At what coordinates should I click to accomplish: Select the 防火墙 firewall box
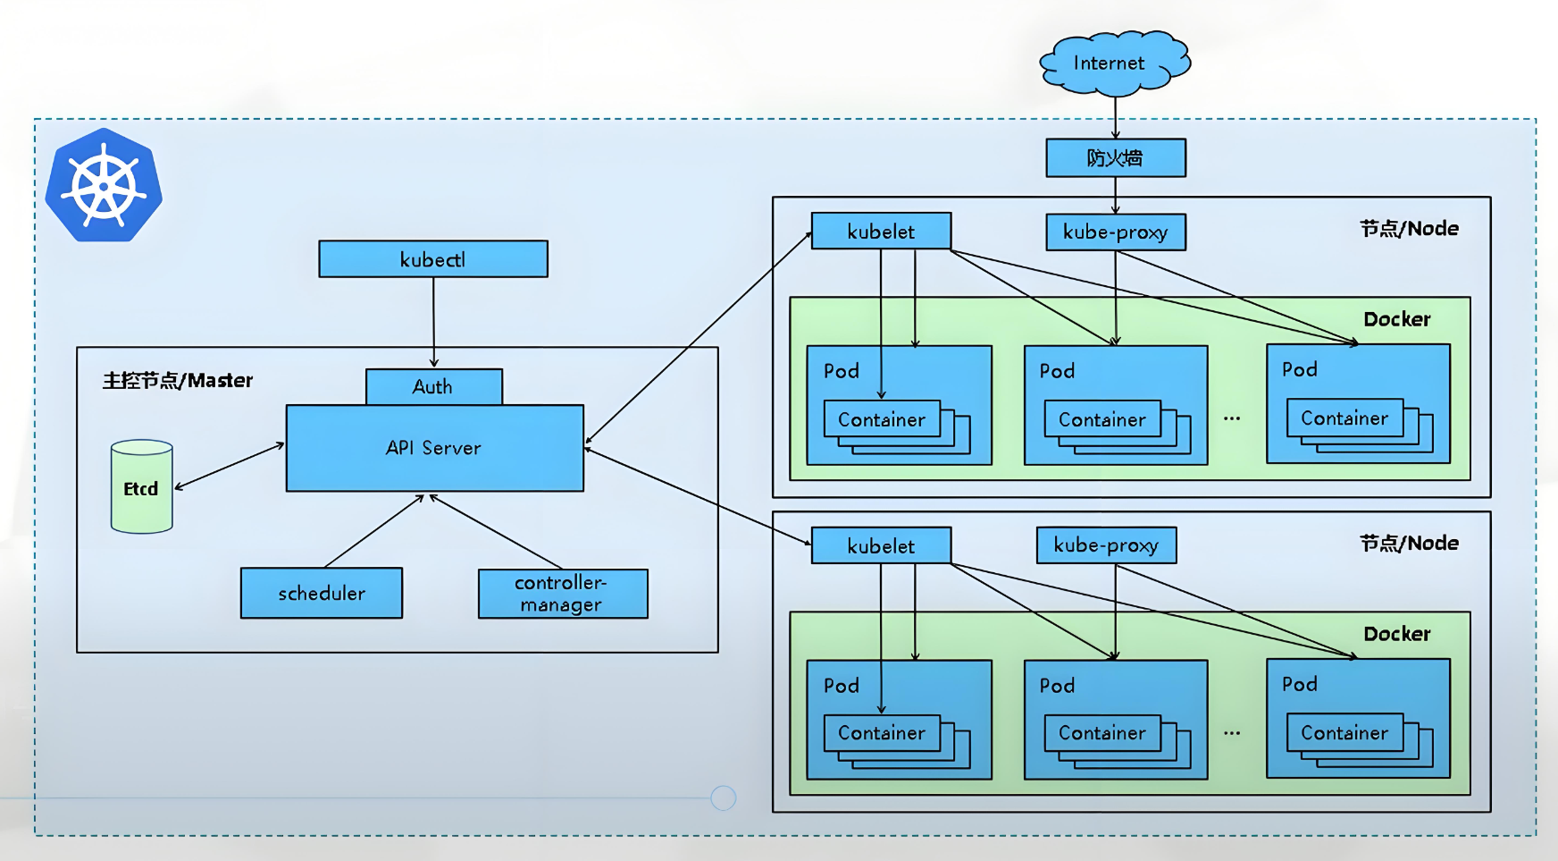1116,158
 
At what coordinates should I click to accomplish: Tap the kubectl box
433,259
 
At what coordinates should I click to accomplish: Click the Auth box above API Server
433,387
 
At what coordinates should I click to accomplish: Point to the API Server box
434,448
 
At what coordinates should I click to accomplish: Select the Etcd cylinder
141,487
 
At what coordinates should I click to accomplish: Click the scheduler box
322,593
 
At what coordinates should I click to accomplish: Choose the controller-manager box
563,594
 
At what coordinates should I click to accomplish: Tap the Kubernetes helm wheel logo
104,186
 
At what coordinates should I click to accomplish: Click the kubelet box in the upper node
881,232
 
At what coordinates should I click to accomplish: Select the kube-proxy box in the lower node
1106,545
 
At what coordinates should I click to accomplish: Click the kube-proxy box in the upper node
1116,232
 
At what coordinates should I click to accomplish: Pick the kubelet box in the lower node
881,546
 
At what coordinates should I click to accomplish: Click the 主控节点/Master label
178,381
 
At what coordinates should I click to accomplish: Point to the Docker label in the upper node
1396,319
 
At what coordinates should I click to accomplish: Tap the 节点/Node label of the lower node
1409,543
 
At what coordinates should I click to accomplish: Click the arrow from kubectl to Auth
433,322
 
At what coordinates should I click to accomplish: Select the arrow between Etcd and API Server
230,466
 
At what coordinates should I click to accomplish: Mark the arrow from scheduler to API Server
373,531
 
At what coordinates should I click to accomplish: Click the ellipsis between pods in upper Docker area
1232,418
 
